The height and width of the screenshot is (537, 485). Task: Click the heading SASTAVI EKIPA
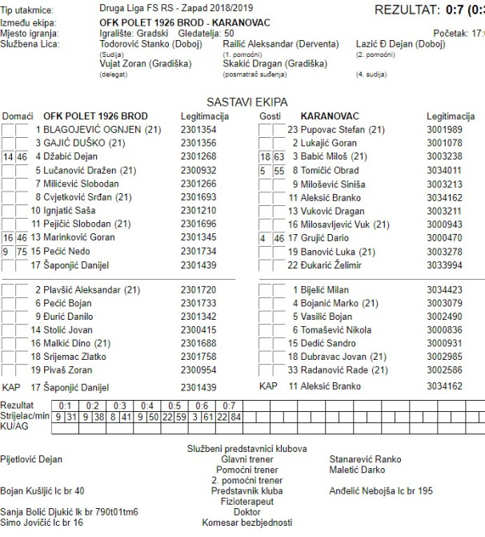[247, 103]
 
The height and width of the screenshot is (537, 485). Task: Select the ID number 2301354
[198, 130]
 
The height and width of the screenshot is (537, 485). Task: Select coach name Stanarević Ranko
[365, 460]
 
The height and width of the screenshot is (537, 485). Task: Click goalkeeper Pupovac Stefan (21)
[337, 130]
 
